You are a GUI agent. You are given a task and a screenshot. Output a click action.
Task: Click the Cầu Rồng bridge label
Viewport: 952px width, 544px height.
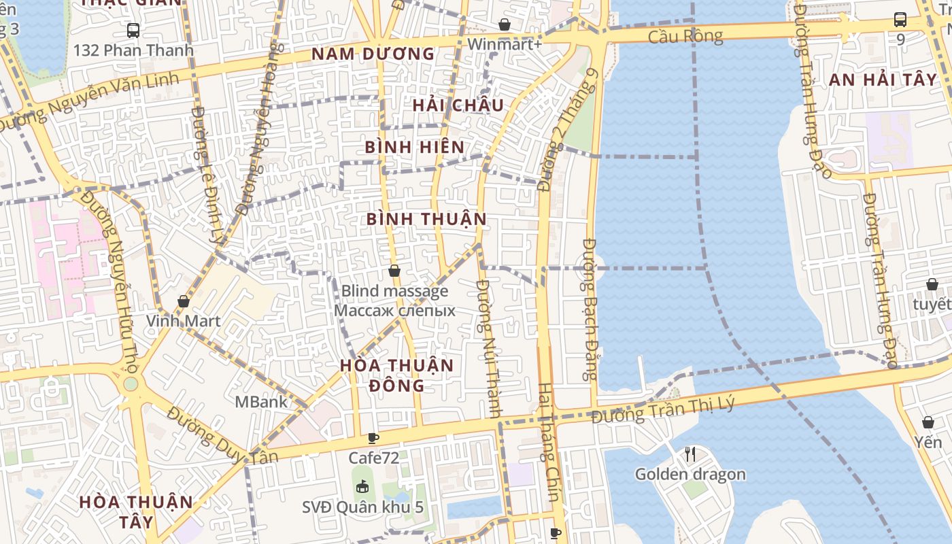pyautogui.click(x=685, y=35)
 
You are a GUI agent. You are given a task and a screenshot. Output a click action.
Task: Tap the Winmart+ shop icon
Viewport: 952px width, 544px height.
pyautogui.click(x=505, y=25)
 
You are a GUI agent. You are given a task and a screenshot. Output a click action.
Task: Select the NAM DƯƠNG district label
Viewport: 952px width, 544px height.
pyautogui.click(x=373, y=54)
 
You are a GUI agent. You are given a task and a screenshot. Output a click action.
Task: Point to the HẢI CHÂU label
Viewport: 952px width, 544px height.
pyautogui.click(x=458, y=105)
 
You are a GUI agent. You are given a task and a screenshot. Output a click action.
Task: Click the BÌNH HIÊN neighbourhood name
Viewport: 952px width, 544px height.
pyautogui.click(x=415, y=147)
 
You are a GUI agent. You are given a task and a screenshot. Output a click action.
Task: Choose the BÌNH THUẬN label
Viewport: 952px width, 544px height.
pyautogui.click(x=426, y=219)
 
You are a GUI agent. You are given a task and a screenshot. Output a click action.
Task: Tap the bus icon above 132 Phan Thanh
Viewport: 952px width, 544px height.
pyautogui.click(x=133, y=30)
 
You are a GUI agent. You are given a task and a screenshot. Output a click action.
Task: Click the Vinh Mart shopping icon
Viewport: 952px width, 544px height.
pyautogui.click(x=184, y=301)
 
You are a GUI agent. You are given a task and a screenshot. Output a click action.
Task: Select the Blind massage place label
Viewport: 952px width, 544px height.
pyautogui.click(x=394, y=292)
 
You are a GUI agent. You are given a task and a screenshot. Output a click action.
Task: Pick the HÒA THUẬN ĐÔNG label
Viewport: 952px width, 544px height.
pyautogui.click(x=396, y=375)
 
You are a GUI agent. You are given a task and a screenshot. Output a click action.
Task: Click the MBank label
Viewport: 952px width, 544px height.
pyautogui.click(x=261, y=402)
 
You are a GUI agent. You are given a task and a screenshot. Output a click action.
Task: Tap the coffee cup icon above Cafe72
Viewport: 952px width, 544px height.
pyautogui.click(x=373, y=438)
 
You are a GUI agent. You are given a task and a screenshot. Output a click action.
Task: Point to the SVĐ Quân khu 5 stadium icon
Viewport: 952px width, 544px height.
pyautogui.click(x=362, y=487)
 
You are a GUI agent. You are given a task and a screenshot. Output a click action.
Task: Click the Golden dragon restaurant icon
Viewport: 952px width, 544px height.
pyautogui.click(x=690, y=454)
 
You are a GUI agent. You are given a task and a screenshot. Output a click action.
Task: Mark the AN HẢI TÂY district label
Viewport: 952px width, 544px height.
pyautogui.click(x=883, y=80)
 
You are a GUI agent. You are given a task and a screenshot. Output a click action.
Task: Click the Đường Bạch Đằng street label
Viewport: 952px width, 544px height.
pyautogui.click(x=590, y=309)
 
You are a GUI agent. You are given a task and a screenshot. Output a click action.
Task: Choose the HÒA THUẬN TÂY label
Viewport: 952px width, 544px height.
pyautogui.click(x=136, y=511)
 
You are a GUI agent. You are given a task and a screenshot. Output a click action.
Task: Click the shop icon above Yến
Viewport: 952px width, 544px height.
pyautogui.click(x=928, y=422)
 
